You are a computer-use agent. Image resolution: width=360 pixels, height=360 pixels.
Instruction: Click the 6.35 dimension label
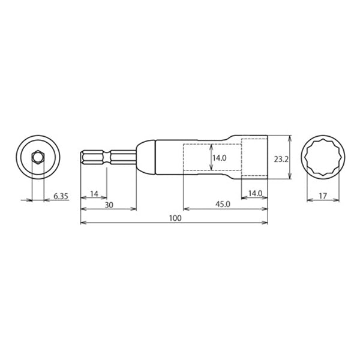point(61,196)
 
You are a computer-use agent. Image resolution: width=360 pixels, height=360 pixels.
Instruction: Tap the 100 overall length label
point(175,218)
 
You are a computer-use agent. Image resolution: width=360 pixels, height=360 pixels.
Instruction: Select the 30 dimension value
point(109,205)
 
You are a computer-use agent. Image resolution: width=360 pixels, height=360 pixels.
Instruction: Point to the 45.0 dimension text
point(223,204)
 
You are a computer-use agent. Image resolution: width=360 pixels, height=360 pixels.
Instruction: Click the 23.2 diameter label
point(281,159)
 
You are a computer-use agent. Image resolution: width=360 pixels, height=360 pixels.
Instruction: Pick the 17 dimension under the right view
point(323,196)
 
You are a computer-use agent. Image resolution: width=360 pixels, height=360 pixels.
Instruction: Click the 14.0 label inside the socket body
point(219,158)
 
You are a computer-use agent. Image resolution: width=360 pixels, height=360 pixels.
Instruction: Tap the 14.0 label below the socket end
point(255,194)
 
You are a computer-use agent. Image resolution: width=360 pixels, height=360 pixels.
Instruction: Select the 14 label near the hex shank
point(94,194)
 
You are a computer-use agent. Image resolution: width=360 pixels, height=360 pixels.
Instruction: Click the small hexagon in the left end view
point(38,157)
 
